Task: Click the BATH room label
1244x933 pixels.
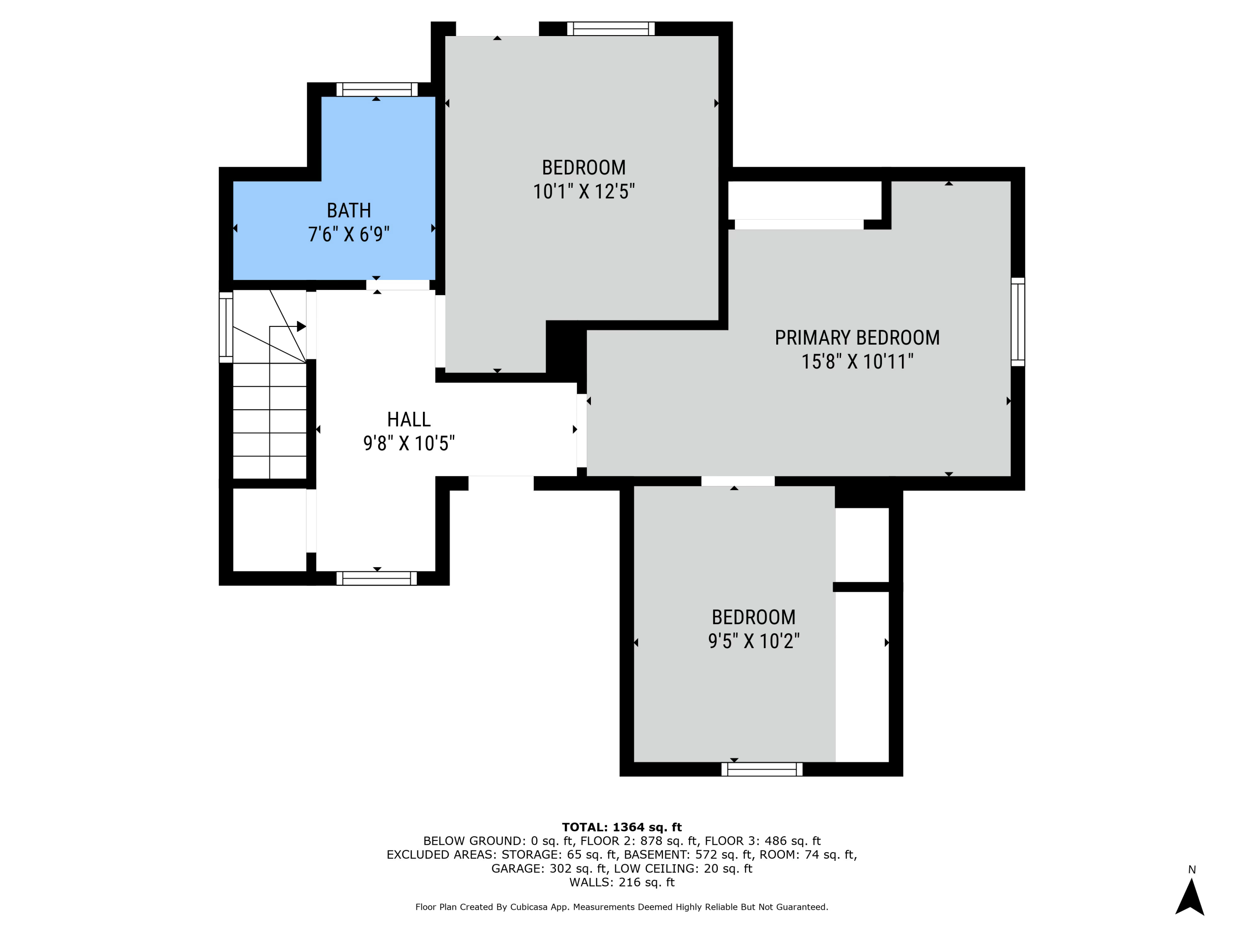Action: [349, 210]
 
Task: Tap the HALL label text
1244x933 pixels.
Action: [409, 420]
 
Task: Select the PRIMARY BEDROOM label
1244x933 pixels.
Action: [857, 338]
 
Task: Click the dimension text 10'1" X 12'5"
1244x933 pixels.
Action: [584, 191]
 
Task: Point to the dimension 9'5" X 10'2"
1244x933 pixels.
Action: [753, 641]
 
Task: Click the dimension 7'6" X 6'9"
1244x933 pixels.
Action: [349, 234]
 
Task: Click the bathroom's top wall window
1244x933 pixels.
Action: [377, 90]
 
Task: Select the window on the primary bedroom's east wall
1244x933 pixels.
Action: [1018, 322]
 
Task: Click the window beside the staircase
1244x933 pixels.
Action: [226, 327]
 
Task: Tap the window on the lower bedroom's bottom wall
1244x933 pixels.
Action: [762, 769]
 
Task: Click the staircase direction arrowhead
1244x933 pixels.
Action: [301, 326]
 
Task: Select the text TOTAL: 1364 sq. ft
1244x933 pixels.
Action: [622, 827]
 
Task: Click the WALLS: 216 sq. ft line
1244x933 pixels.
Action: [622, 882]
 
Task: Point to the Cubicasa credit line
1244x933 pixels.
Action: [622, 907]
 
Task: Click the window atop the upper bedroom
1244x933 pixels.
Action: [611, 29]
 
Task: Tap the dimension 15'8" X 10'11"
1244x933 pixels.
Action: [857, 361]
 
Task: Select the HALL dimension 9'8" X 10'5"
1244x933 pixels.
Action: [409, 443]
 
